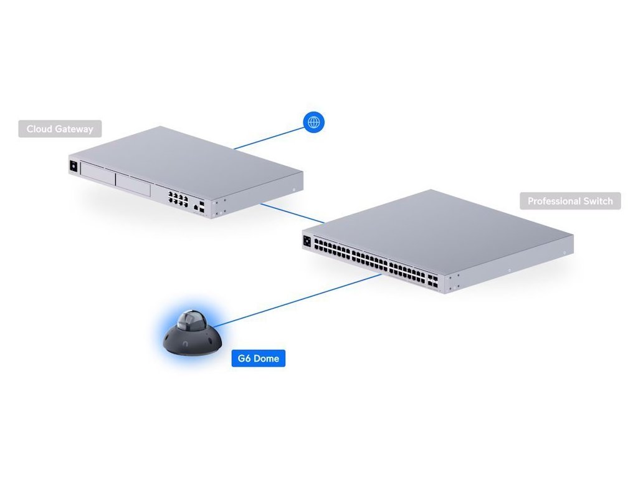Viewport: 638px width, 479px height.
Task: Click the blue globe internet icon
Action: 314,122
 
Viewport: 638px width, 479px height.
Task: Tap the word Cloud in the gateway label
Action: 39,129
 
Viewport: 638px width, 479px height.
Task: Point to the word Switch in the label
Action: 599,201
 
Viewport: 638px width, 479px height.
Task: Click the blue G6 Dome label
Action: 258,359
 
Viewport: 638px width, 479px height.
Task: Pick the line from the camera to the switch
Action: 293,300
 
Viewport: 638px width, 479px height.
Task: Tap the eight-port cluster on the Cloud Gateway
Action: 177,199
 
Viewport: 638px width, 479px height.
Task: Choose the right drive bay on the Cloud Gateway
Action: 133,186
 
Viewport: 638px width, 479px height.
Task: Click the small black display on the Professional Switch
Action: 307,241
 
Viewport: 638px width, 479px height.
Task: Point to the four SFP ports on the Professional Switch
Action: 432,280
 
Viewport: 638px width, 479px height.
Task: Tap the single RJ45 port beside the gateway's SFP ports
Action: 196,206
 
